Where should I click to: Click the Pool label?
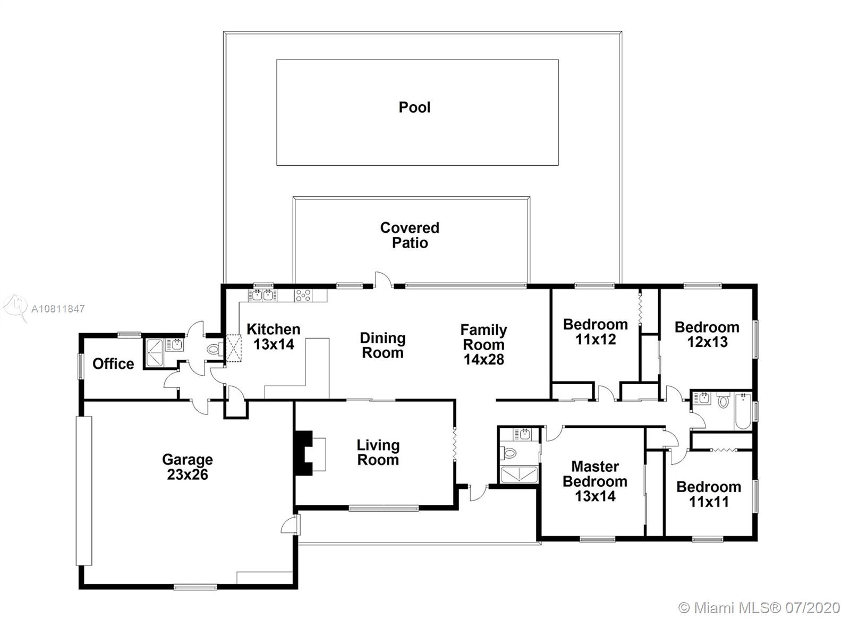[x=414, y=107]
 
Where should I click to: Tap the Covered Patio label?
[x=410, y=235]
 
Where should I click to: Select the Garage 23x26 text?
[x=188, y=467]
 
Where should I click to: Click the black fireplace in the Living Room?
[x=304, y=453]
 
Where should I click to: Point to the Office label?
[x=113, y=363]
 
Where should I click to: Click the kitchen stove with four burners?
[x=303, y=295]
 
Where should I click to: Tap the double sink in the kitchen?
[x=262, y=295]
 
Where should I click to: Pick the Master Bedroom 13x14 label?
[x=595, y=481]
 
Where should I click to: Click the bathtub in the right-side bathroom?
[x=743, y=411]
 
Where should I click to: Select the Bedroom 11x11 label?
[x=709, y=494]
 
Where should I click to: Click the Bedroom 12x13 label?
[x=707, y=334]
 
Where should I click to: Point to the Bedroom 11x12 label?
[x=596, y=332]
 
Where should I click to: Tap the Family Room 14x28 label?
[x=484, y=345]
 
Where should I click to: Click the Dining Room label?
[x=382, y=345]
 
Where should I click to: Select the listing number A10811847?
[x=58, y=309]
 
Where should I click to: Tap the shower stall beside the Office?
[x=155, y=353]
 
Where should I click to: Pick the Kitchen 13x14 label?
[x=274, y=337]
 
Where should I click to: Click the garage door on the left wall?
[x=84, y=491]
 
